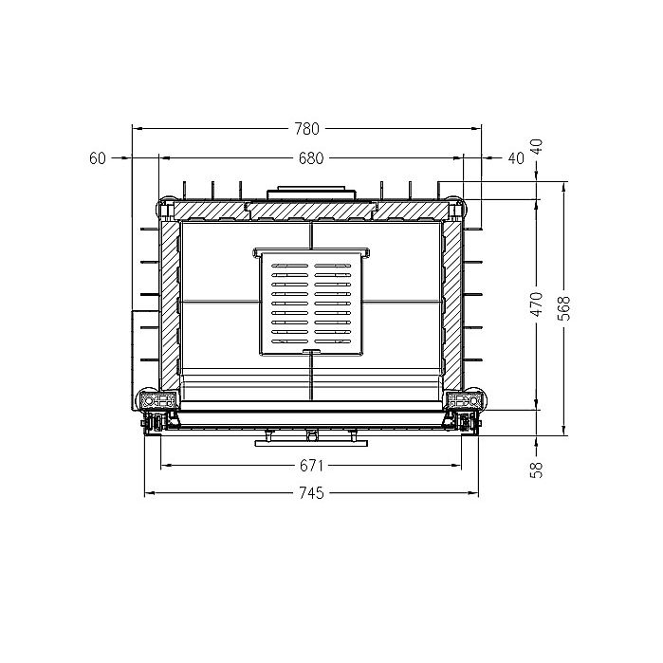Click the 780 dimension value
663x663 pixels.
(307, 129)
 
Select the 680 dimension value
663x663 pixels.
(311, 158)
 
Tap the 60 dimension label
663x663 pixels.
(98, 158)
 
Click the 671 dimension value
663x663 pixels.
(311, 466)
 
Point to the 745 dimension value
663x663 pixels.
(312, 493)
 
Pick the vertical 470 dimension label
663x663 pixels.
(537, 304)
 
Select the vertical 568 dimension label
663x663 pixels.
(564, 308)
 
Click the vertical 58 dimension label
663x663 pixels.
(537, 470)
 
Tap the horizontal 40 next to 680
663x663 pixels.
(516, 158)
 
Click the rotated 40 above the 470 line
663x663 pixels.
(537, 147)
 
